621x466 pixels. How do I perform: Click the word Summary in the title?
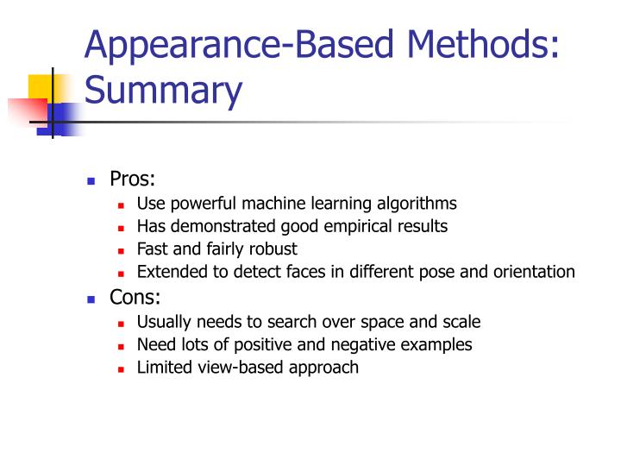(x=163, y=91)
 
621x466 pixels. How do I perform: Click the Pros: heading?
(x=132, y=179)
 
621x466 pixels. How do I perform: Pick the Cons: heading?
(x=135, y=298)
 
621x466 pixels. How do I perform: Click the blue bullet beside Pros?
(x=91, y=181)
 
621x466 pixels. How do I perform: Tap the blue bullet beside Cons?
(x=91, y=299)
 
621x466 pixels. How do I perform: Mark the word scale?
(x=461, y=322)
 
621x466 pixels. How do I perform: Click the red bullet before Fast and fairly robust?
(x=122, y=250)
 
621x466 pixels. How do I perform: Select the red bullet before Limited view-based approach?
(x=122, y=368)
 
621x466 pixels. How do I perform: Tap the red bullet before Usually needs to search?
(x=122, y=323)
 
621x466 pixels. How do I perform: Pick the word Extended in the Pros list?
(x=167, y=272)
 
